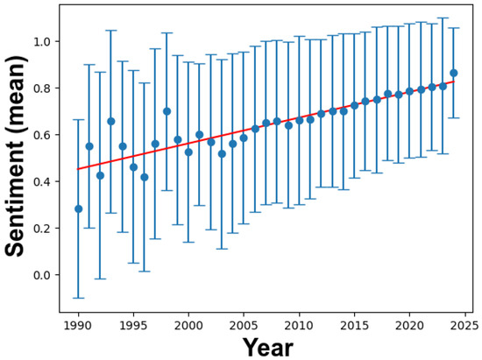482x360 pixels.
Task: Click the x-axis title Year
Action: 267,346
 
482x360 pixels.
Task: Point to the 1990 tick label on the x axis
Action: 78,324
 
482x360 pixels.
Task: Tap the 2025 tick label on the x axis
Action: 464,324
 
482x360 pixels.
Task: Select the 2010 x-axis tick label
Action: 299,324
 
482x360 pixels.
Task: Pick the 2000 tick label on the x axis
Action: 188,324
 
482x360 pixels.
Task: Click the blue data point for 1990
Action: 78,208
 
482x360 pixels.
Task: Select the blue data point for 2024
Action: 453,74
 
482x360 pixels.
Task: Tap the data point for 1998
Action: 167,111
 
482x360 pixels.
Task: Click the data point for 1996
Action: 145,177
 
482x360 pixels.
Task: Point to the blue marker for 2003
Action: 222,153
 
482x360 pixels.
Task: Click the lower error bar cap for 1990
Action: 78,298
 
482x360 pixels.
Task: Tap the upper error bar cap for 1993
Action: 111,31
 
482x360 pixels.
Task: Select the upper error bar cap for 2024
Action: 453,28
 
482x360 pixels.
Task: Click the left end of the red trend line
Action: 78,169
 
